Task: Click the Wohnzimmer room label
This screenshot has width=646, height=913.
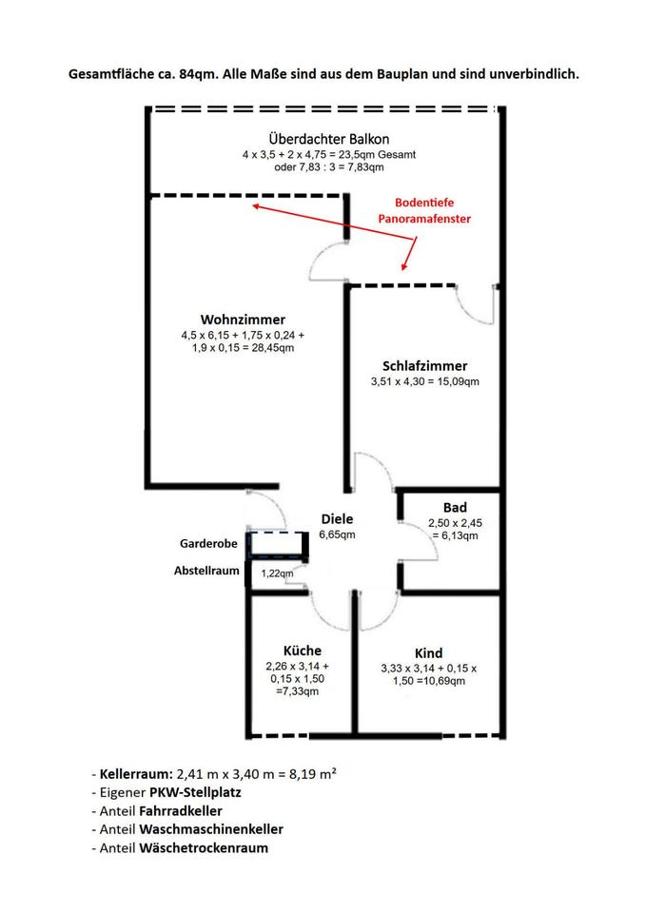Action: tap(243, 320)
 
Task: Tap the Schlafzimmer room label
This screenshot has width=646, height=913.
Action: tap(424, 366)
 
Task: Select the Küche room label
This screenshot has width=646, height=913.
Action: tap(303, 651)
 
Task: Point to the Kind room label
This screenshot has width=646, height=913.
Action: tap(429, 653)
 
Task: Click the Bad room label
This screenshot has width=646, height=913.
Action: tap(455, 508)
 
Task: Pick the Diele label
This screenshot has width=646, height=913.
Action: tap(338, 519)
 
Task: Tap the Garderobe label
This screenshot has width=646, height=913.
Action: tap(208, 544)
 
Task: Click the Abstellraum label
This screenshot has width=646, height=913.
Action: tap(206, 571)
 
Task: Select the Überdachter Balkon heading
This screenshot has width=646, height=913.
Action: tap(329, 139)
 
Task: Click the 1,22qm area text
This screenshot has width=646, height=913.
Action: tap(277, 573)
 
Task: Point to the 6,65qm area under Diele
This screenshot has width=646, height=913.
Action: tap(338, 534)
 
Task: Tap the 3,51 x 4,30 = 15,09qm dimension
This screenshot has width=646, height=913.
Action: tap(425, 382)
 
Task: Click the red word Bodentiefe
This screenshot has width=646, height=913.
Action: tap(424, 203)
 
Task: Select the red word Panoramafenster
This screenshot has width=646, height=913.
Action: tap(424, 219)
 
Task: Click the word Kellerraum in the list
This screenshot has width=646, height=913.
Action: tap(136, 774)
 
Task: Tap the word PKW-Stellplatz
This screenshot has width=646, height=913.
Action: tap(195, 792)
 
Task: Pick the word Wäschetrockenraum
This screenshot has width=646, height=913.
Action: tap(204, 847)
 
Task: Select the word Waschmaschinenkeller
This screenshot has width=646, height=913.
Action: tap(211, 829)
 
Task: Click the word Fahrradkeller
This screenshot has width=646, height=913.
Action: tap(181, 810)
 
